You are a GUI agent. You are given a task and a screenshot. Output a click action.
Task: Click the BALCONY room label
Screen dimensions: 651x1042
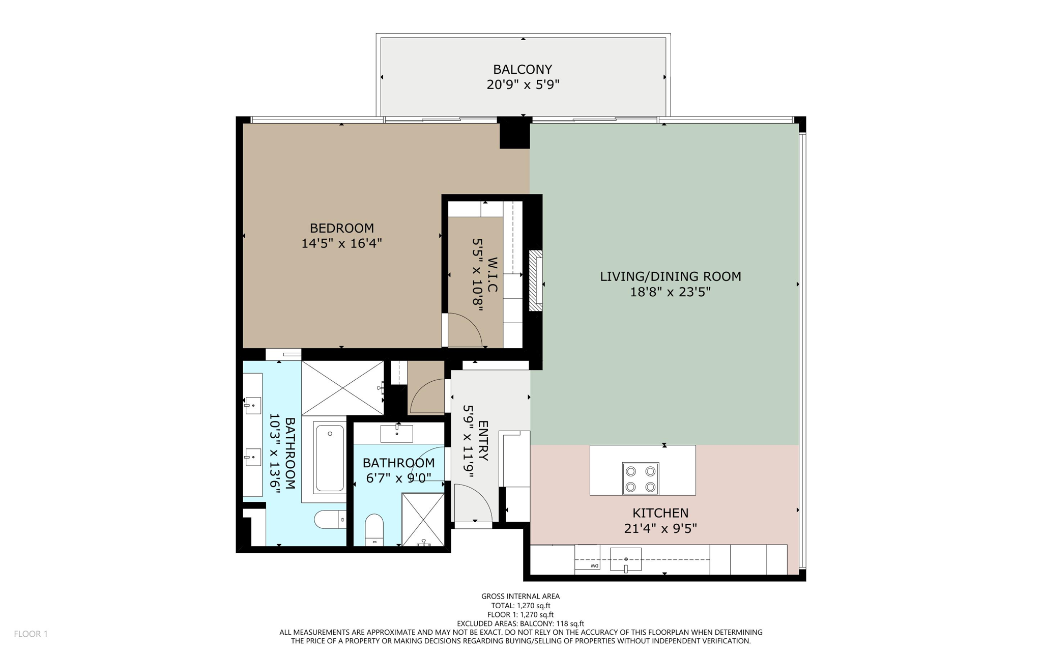523,69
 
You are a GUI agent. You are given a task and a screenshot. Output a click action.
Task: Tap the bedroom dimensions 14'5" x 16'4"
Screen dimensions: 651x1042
341,243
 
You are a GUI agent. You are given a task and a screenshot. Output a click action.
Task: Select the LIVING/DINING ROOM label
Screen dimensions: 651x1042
670,276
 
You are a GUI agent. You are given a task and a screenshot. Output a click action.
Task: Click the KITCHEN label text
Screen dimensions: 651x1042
660,513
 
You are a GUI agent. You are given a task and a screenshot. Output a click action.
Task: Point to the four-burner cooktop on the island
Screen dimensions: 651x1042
640,478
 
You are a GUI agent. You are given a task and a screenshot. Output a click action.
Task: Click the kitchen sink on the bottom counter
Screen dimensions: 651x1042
626,559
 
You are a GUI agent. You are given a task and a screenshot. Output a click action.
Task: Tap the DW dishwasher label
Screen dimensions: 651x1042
594,566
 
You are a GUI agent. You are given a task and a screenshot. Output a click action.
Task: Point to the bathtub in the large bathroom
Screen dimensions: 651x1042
329,458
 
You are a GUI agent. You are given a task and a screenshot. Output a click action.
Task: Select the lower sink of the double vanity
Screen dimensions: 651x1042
253,457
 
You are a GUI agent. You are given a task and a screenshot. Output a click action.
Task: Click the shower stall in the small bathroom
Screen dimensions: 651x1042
423,519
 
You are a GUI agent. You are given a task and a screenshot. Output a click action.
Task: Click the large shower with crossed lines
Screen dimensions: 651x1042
342,388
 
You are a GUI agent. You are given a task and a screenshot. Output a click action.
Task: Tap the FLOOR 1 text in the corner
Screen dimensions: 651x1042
31,634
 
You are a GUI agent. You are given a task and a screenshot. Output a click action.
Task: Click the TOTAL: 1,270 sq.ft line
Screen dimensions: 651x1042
520,606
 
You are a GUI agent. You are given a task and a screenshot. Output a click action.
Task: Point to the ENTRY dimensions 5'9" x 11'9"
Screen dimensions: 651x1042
469,441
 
